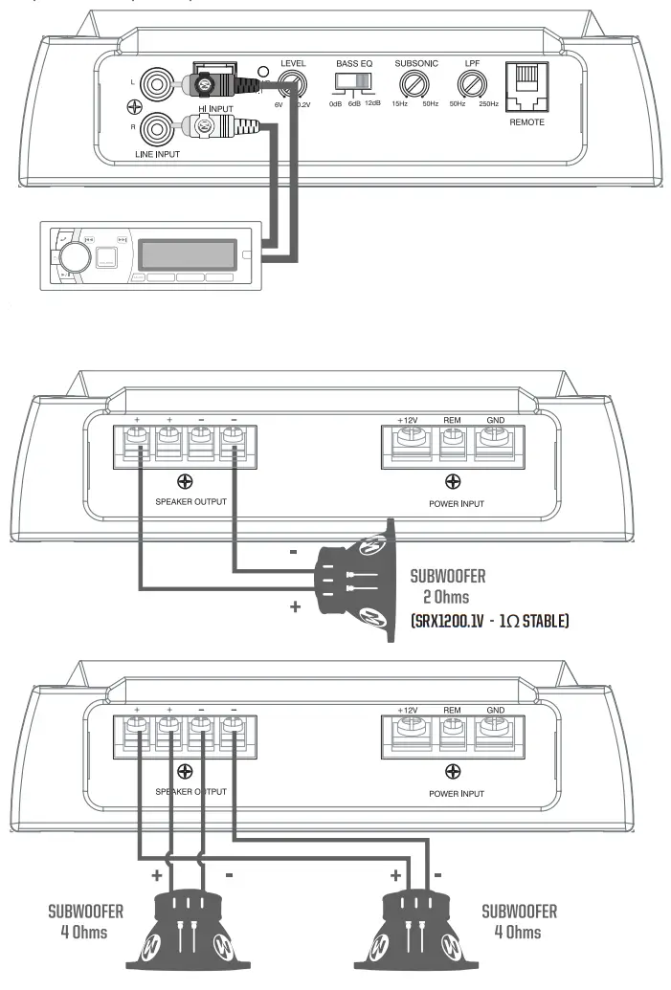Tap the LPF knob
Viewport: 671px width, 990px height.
[x=470, y=87]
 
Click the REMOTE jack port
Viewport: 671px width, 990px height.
[x=526, y=91]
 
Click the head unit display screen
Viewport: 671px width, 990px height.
[x=187, y=253]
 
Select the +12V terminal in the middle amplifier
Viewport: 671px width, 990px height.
[x=409, y=441]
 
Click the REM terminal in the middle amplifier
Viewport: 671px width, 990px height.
[x=452, y=441]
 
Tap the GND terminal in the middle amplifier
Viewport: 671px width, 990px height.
[x=494, y=441]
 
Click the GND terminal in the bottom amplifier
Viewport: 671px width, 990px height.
[x=494, y=733]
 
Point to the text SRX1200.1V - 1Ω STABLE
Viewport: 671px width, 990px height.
[x=489, y=622]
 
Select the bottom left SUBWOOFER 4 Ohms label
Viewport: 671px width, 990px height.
[x=86, y=921]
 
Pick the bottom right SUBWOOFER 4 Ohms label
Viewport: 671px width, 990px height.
[x=519, y=921]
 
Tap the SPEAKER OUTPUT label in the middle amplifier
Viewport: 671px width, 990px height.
[x=191, y=501]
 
